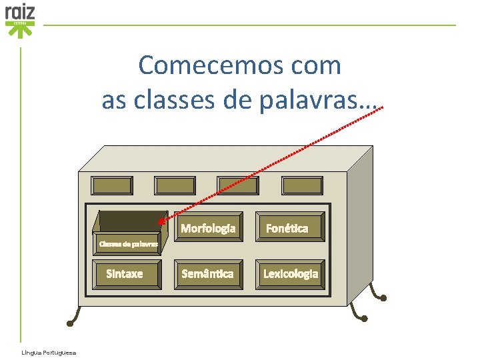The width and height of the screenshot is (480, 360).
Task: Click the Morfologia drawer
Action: (x=208, y=228)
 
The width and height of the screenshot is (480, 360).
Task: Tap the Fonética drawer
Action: (x=287, y=228)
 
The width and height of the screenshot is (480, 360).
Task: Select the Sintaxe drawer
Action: (x=125, y=273)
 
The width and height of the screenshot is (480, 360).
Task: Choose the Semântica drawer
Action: (x=208, y=273)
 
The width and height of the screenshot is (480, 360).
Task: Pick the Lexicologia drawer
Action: (x=291, y=273)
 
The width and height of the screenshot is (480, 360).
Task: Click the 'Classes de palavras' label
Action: (x=128, y=243)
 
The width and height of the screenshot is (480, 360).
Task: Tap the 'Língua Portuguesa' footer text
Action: (x=48, y=353)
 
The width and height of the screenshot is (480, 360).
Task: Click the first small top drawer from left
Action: (x=112, y=185)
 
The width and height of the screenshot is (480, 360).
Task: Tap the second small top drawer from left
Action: (x=175, y=185)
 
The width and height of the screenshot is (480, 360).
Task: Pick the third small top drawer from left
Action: (x=239, y=185)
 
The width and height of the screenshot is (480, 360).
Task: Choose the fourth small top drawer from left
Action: (x=302, y=185)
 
